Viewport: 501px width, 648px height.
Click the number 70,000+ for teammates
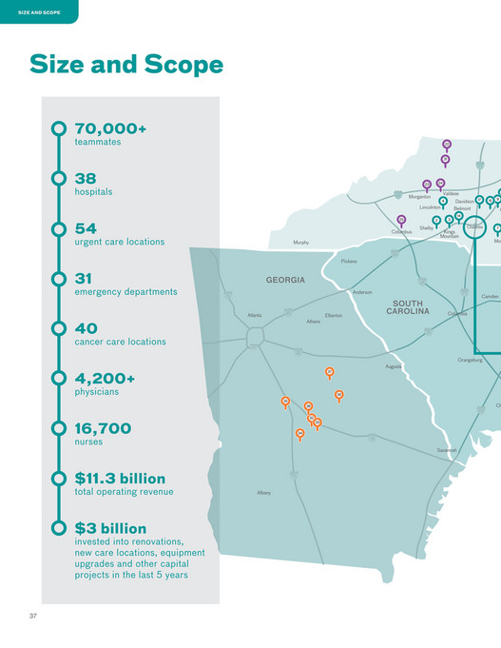click(110, 128)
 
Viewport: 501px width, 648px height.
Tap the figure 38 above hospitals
click(86, 178)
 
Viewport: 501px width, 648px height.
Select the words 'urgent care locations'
click(119, 242)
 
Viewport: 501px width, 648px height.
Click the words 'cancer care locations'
click(120, 342)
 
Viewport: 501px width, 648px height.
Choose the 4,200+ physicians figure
click(105, 378)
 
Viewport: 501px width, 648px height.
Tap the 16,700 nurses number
click(103, 428)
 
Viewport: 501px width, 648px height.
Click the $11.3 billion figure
click(120, 478)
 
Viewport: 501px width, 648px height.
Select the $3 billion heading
click(110, 528)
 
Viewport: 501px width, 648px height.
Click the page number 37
click(32, 617)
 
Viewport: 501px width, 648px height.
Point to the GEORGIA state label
click(285, 280)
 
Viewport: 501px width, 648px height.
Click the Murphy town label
click(301, 243)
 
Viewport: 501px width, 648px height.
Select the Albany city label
click(263, 493)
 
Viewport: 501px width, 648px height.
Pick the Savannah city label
click(446, 449)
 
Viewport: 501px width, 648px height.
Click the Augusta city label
click(394, 366)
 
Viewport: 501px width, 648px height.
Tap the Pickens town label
click(349, 260)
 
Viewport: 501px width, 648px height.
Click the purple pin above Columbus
click(401, 221)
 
